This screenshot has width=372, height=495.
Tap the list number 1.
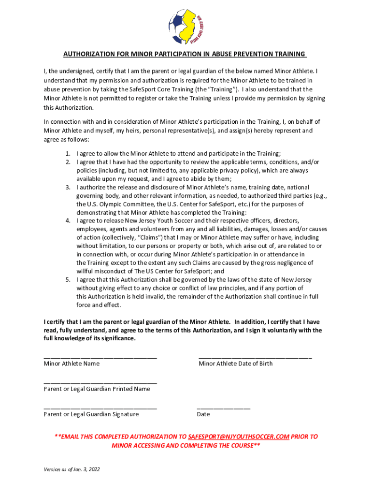click(68, 154)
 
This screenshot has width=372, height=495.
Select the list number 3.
click(68, 187)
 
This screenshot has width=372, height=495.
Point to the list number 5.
click(68, 280)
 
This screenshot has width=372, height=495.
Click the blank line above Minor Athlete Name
click(100, 357)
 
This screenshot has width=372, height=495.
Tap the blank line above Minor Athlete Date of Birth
click(255, 357)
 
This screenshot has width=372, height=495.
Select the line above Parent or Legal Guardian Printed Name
click(100, 382)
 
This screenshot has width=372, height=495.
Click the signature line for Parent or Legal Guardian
click(100, 408)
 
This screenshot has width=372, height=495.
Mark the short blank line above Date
click(224, 408)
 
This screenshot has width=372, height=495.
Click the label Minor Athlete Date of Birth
click(235, 364)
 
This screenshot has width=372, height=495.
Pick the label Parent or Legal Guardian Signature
click(91, 414)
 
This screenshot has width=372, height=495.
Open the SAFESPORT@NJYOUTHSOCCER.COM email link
click(239, 437)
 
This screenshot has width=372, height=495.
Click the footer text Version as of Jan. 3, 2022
click(72, 469)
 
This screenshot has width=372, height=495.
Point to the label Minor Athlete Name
click(72, 364)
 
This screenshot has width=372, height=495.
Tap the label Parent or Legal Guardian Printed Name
click(97, 389)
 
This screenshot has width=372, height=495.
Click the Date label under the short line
click(203, 414)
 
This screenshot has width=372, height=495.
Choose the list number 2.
click(68, 162)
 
